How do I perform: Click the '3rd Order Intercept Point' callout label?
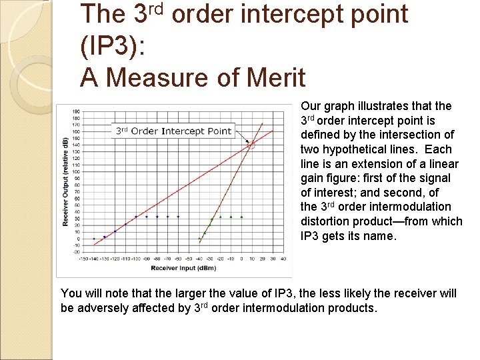(173, 131)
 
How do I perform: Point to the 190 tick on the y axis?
(76, 111)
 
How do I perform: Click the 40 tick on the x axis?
(283, 259)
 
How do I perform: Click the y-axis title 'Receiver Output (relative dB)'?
(65, 181)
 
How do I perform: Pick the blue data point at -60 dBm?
(178, 217)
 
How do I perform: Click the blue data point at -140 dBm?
(94, 238)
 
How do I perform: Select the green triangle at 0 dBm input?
(241, 217)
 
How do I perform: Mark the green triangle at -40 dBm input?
(199, 238)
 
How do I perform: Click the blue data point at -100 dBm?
(136, 217)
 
